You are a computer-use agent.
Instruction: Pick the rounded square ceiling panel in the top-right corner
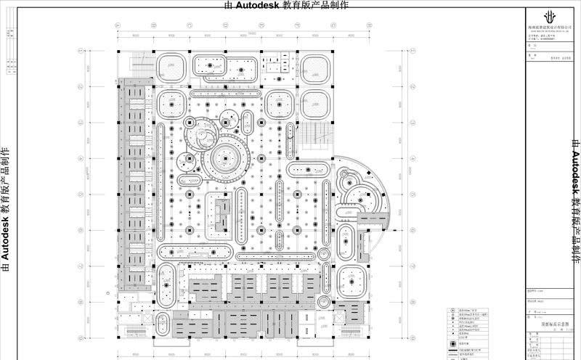[x=316, y=67]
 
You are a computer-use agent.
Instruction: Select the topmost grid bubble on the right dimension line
[x=402, y=53]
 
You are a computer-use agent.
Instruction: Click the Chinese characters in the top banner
[x=320, y=5]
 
